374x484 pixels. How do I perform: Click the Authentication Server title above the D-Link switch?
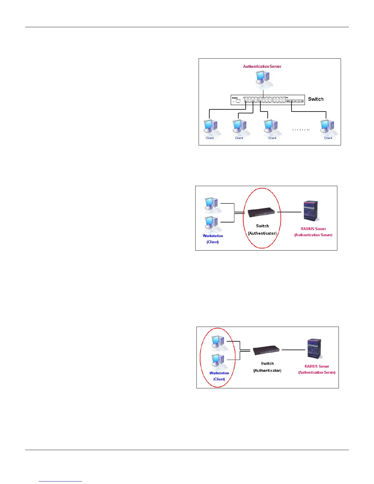coord(262,66)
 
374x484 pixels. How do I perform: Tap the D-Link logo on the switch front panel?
coord(235,98)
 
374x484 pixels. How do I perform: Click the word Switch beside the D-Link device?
coord(316,99)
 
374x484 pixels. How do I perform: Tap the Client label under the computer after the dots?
coord(328,138)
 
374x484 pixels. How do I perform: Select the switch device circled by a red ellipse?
coord(261,212)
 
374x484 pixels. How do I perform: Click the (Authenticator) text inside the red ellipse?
coord(262,233)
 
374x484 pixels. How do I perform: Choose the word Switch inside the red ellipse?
coord(262,226)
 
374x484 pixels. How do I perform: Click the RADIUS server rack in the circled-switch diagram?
coord(311,211)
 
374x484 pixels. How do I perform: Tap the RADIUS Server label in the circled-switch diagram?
coord(313,229)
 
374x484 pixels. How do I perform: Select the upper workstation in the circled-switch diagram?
coord(211,205)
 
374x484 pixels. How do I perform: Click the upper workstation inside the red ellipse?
coord(218,342)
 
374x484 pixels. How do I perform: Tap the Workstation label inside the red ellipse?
coord(219,373)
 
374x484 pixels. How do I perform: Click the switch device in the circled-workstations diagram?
coord(266,350)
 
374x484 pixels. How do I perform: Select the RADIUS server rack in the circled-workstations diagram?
coord(315,349)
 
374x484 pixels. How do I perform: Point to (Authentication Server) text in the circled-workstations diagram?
coord(317,372)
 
